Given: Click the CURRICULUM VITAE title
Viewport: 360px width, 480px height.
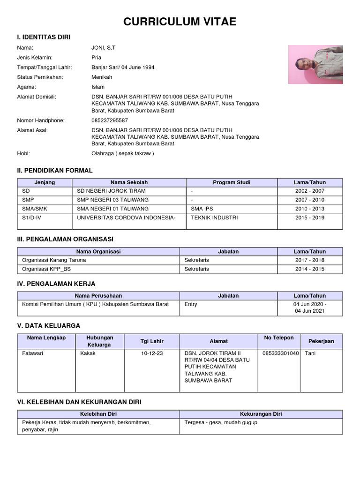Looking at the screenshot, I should click(180, 22).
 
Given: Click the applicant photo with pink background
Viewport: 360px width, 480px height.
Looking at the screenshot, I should click(315, 65).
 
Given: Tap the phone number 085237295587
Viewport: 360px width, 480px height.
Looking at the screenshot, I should click(110, 120).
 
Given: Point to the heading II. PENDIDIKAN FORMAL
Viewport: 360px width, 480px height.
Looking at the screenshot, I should click(55, 171).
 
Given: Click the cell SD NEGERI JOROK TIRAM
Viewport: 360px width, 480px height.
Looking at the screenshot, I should click(111, 191).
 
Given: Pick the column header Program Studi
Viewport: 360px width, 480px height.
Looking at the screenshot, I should click(231, 182).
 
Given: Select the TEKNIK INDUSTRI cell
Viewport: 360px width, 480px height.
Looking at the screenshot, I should click(214, 218).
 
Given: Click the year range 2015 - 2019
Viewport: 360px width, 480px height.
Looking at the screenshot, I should click(309, 218).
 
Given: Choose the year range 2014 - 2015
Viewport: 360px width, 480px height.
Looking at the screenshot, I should click(309, 269).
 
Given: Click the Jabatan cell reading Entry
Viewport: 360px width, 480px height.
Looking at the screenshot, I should click(191, 304).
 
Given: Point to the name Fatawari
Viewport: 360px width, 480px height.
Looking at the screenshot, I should click(32, 353).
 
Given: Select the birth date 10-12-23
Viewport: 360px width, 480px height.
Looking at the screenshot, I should click(152, 353).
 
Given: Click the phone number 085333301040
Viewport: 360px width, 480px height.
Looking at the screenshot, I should click(280, 353).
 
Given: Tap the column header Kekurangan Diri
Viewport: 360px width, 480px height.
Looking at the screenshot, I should click(261, 414).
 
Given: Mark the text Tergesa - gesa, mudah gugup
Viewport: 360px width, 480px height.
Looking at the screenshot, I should click(221, 423).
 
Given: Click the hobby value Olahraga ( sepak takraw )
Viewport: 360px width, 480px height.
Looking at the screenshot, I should click(122, 153).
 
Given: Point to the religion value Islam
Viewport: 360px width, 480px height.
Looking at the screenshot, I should click(98, 87).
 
